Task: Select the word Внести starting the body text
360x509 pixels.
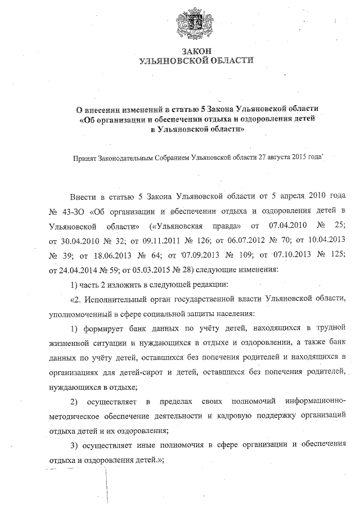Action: tap(83, 198)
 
